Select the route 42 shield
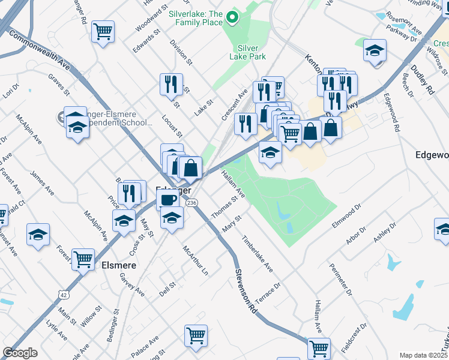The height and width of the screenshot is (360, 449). [x=64, y=294]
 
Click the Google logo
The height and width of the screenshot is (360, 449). [x=20, y=353]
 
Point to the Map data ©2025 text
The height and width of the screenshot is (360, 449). [x=424, y=355]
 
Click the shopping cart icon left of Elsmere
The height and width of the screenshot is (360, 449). [x=83, y=259]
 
